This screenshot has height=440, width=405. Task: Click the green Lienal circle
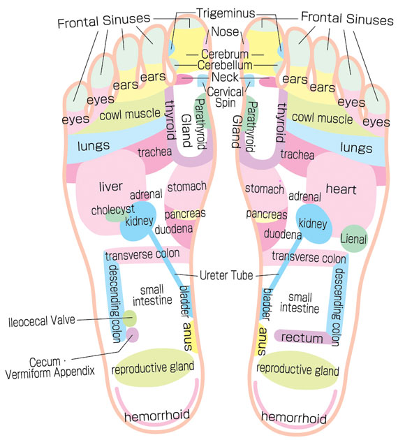pos(353,238)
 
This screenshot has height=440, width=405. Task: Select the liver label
pos(111,186)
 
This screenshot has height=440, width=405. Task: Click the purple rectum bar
pos(303,337)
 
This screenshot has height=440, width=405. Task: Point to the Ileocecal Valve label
pos(42,321)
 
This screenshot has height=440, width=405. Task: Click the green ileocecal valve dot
pos(130,318)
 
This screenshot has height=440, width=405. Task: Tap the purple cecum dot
pos(132,335)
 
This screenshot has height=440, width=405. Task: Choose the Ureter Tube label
pos(226,275)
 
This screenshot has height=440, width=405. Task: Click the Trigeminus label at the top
pos(226,13)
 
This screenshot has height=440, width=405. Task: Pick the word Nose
pos(225,31)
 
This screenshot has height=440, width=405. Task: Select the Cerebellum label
pos(225,65)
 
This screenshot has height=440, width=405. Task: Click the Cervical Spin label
pos(226,97)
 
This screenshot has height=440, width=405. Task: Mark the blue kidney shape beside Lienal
pos(314,223)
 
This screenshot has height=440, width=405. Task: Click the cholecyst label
pos(112,210)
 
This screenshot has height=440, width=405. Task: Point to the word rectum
pos(302,337)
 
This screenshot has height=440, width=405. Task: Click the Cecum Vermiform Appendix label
pos(50,367)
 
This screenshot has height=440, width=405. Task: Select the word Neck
pos(225,77)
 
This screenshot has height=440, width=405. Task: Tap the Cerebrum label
pos(225,54)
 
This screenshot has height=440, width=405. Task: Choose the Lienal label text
pos(353,239)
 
